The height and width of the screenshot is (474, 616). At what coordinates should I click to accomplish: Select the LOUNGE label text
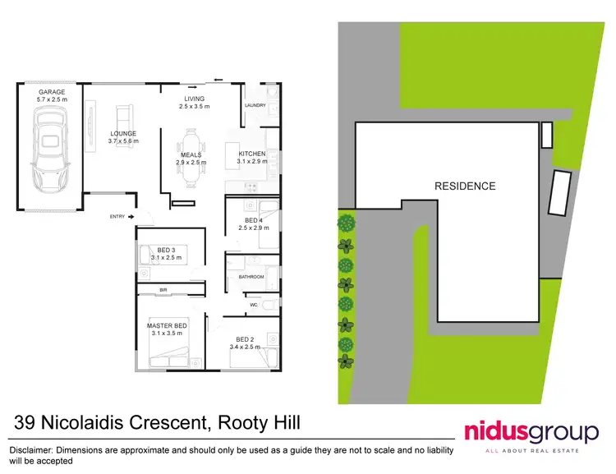[x=124, y=133]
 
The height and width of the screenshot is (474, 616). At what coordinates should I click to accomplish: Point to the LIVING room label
[x=195, y=99]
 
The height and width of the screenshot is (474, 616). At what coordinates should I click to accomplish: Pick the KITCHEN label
[x=252, y=154]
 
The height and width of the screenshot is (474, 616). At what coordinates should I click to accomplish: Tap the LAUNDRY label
[x=256, y=105]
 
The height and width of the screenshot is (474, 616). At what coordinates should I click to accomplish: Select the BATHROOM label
[x=251, y=277]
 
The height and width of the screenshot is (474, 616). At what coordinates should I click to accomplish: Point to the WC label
[x=255, y=305]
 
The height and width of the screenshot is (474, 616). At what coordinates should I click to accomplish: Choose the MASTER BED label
[x=167, y=326]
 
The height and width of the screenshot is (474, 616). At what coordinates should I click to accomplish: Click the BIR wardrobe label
[x=163, y=291]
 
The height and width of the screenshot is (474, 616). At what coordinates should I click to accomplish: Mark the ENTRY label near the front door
[x=117, y=216]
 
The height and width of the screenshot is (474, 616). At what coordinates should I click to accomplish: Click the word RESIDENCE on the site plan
[x=465, y=186]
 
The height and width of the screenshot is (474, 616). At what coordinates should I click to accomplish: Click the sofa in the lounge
[x=125, y=116]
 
